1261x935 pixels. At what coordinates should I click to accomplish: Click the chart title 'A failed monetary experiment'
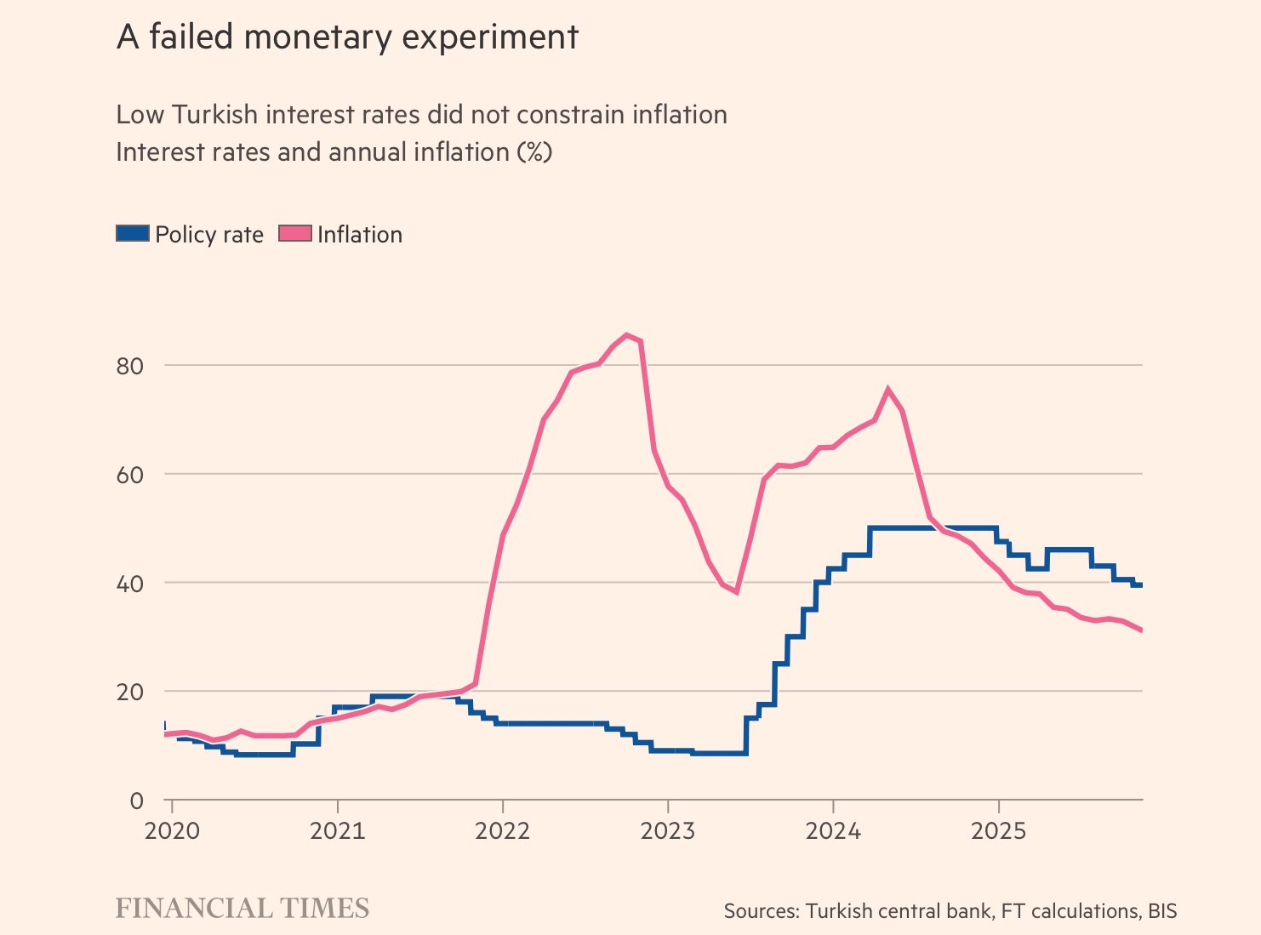pos(347,37)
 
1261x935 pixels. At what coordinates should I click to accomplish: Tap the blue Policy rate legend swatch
pos(133,234)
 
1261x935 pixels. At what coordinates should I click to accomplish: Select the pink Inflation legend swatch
pos(295,234)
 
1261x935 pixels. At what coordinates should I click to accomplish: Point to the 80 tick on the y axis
pos(129,366)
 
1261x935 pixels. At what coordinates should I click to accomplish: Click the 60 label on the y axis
pos(129,475)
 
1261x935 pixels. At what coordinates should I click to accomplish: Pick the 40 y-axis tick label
pos(129,584)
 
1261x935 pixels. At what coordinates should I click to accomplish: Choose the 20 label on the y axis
pos(129,693)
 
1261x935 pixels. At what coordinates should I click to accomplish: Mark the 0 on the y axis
pos(136,801)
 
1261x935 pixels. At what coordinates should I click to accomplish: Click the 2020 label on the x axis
pos(172,830)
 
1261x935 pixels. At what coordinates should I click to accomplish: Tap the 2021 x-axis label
pos(337,830)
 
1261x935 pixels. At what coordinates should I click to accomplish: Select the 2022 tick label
pos(502,830)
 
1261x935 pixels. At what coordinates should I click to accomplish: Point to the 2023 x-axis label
pos(668,830)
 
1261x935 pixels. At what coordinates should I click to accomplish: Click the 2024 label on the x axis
pos(833,830)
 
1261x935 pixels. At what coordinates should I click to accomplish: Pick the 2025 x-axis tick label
pos(998,830)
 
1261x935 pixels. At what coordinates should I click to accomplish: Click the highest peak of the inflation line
pos(627,335)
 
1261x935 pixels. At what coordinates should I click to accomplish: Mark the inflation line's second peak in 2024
pos(888,390)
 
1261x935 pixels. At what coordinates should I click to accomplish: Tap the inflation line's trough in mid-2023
pos(736,591)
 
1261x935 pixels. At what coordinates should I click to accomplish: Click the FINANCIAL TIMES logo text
pos(242,909)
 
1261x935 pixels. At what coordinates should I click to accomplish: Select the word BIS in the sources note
pos(1162,911)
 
